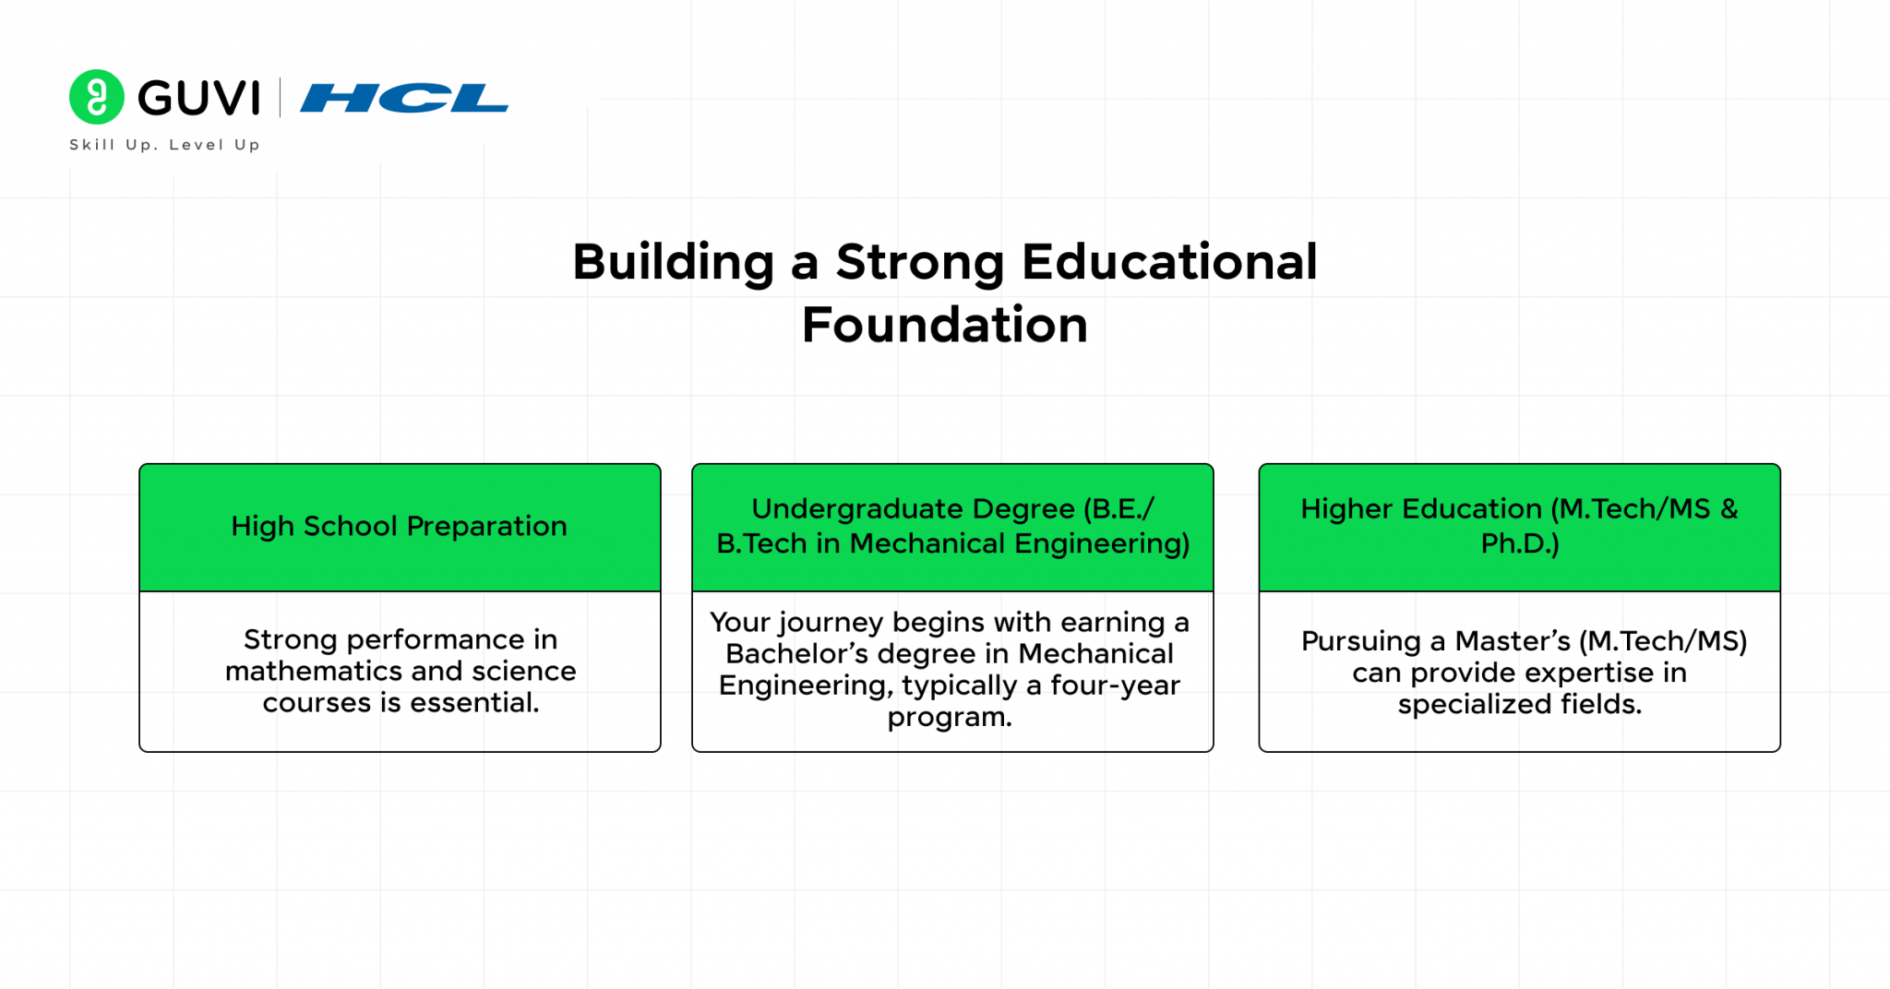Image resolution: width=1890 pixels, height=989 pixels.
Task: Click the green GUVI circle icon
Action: [x=96, y=97]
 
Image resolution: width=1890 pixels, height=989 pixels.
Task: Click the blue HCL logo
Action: [x=404, y=98]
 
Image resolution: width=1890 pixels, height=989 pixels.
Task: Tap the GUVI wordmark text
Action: [x=199, y=98]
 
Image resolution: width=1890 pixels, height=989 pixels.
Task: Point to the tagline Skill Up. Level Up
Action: [x=164, y=145]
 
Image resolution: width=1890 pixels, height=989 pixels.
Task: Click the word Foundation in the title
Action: [x=944, y=325]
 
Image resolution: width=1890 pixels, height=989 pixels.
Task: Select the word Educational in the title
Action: [x=1168, y=262]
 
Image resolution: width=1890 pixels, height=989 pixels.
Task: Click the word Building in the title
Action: [x=673, y=262]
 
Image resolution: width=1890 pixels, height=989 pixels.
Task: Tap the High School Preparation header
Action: [x=399, y=526]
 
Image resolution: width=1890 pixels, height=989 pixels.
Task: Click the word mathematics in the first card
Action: [x=314, y=671]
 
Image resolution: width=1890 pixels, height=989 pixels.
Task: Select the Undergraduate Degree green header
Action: [x=952, y=526]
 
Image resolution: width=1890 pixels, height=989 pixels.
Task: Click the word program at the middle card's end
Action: [x=949, y=717]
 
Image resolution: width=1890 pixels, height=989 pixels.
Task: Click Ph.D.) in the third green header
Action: [x=1519, y=543]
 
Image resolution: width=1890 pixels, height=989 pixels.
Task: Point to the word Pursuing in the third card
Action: [x=1360, y=641]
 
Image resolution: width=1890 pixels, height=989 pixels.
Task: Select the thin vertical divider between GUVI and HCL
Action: [x=280, y=98]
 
